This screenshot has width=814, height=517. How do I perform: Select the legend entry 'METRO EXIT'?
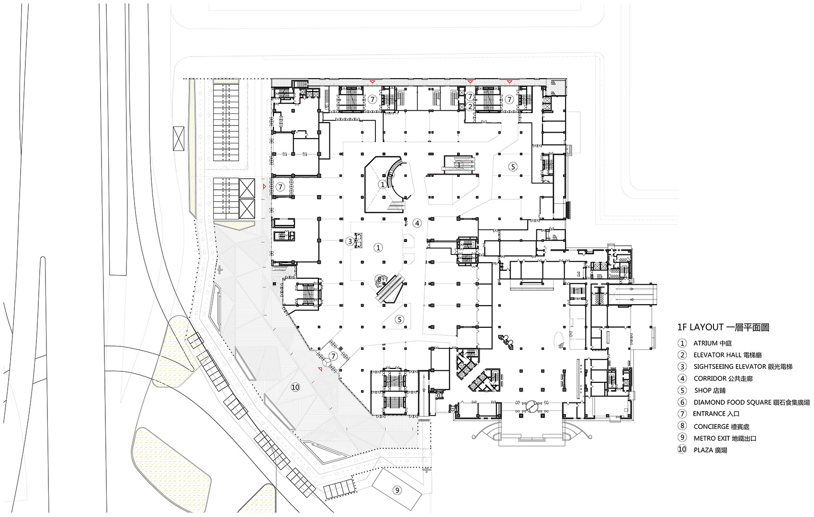[712, 438]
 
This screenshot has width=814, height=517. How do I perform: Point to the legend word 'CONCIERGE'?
[711, 426]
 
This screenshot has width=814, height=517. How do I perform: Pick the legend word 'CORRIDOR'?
[710, 378]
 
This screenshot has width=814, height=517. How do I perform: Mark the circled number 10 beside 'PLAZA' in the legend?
[682, 449]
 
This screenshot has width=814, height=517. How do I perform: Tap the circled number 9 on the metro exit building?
[396, 490]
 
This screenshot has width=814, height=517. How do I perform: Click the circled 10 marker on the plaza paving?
[295, 387]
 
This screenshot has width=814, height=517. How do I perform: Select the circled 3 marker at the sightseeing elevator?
[350, 241]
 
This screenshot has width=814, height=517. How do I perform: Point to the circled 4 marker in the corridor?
[417, 223]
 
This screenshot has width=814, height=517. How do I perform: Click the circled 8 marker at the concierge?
[380, 279]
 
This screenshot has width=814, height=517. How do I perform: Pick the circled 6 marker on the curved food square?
[390, 174]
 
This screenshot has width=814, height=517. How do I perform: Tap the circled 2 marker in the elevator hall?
[470, 106]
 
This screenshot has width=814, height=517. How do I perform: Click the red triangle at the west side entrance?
[264, 186]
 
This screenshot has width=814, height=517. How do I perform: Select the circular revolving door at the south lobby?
[531, 406]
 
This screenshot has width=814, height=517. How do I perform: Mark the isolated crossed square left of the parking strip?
[179, 139]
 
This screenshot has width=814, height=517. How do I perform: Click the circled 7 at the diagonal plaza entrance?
[333, 356]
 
